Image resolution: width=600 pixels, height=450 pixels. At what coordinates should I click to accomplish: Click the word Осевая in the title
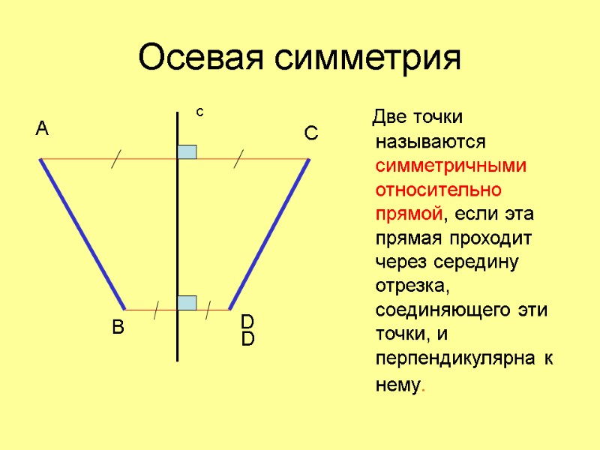tap(202, 58)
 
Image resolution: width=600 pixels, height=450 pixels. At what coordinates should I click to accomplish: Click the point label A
tap(42, 129)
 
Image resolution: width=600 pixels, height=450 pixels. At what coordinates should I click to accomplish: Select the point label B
tap(118, 328)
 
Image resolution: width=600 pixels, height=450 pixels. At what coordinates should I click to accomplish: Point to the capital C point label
tap(310, 134)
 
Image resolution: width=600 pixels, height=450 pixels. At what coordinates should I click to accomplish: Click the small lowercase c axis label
tap(200, 112)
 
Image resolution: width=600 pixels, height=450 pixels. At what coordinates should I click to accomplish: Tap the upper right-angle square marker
tap(187, 151)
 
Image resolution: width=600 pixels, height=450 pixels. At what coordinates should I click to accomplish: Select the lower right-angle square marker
tap(187, 302)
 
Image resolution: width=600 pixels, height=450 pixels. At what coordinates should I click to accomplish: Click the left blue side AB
tap(82, 234)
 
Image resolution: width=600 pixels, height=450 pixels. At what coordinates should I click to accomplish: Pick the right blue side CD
tap(269, 234)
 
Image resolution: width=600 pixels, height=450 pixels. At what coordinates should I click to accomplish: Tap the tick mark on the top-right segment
tap(238, 159)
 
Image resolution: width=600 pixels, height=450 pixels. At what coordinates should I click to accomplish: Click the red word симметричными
tap(451, 166)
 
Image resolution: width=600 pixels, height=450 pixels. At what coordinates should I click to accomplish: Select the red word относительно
tap(439, 190)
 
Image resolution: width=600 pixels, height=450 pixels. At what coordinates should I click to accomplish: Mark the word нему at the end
tap(396, 385)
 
